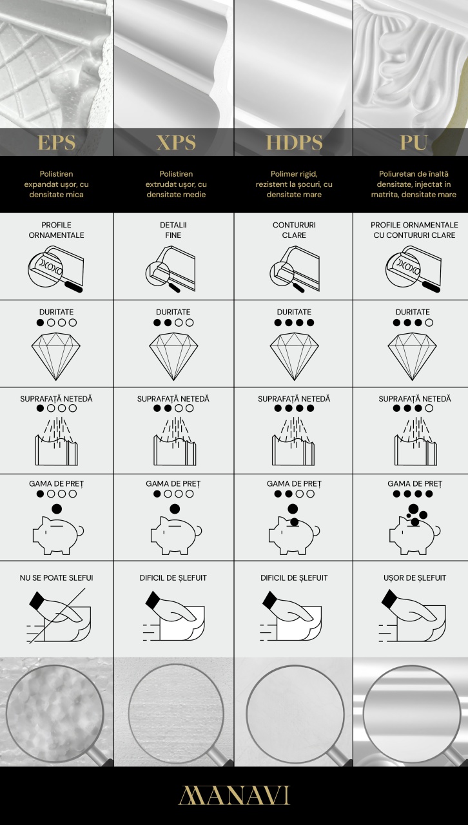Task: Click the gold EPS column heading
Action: point(56,142)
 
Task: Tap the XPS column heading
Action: point(176,142)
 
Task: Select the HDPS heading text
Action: point(294,142)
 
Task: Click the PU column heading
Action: point(414,142)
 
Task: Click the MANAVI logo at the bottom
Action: point(235,795)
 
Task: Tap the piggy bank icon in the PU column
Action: point(415,529)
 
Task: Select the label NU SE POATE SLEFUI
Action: point(56,578)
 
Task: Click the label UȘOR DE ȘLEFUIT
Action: point(415,578)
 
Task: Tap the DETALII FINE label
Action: point(173,230)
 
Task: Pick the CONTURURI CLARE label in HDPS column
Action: point(294,230)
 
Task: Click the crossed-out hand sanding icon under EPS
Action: point(59,616)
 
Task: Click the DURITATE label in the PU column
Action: point(413,312)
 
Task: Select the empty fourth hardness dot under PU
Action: point(429,323)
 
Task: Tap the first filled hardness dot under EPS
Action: point(40,323)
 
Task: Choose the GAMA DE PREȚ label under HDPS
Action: point(294,483)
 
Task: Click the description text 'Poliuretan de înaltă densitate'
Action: point(413,179)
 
